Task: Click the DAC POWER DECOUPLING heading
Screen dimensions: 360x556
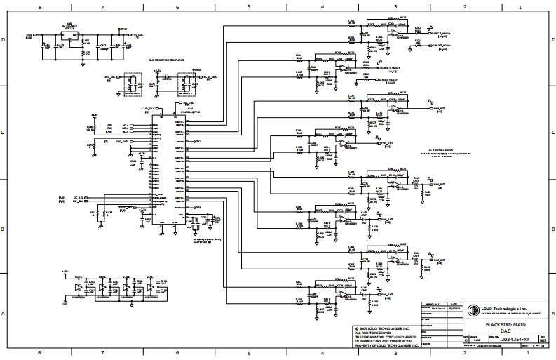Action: click(x=165, y=60)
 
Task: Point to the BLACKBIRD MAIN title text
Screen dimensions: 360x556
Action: click(x=505, y=324)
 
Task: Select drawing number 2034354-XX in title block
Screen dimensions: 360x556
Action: click(x=506, y=339)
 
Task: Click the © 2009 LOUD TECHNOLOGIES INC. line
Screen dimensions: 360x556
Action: click(x=386, y=328)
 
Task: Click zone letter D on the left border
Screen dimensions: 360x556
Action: click(x=4, y=40)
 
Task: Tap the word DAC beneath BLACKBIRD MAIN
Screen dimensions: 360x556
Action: click(x=505, y=331)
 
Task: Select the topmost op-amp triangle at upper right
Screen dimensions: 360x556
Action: click(x=396, y=33)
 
